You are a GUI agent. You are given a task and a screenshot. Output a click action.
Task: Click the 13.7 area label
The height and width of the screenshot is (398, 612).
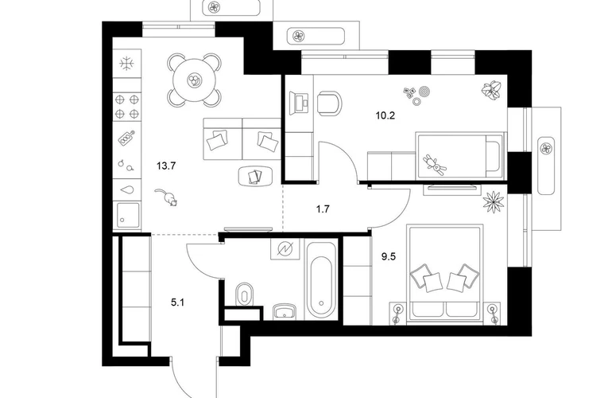[166, 166]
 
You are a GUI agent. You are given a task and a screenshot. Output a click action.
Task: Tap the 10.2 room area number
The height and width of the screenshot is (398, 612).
[385, 115]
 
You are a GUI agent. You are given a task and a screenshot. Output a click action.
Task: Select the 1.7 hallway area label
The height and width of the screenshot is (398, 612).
[323, 209]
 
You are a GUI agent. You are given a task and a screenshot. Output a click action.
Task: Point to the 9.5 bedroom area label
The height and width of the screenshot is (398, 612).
[389, 257]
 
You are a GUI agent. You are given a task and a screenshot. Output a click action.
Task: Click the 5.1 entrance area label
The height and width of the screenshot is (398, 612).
[177, 302]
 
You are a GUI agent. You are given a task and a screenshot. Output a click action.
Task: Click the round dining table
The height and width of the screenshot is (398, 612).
[194, 80]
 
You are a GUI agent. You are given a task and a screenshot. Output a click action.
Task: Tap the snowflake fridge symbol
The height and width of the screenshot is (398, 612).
[127, 63]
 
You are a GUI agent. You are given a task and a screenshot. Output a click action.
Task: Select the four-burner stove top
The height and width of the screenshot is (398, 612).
[127, 107]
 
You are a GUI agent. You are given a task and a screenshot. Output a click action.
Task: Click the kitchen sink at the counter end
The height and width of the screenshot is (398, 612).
[127, 216]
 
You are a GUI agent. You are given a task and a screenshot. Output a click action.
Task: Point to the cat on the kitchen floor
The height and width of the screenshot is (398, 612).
[166, 197]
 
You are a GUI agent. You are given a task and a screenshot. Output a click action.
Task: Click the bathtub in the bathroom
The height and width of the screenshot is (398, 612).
[321, 281]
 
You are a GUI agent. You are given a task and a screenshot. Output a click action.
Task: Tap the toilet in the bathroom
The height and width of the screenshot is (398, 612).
[245, 293]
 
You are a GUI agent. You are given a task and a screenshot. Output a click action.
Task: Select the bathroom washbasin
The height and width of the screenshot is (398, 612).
[285, 311]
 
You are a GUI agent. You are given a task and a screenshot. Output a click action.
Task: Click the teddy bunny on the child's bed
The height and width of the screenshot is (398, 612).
[435, 165]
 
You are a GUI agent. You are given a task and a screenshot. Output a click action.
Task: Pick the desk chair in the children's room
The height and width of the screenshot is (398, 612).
[330, 103]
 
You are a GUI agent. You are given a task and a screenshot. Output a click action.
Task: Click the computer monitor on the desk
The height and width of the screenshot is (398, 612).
[299, 102]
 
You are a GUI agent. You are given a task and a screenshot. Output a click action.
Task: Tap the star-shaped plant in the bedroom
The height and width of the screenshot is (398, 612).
[494, 202]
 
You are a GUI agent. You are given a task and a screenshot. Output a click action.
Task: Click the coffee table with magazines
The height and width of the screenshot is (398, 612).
[255, 176]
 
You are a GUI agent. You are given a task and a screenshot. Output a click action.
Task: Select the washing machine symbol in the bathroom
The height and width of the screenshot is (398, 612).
[285, 248]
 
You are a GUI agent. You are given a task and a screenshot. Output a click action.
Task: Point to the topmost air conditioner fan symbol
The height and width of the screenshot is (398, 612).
[215, 6]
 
